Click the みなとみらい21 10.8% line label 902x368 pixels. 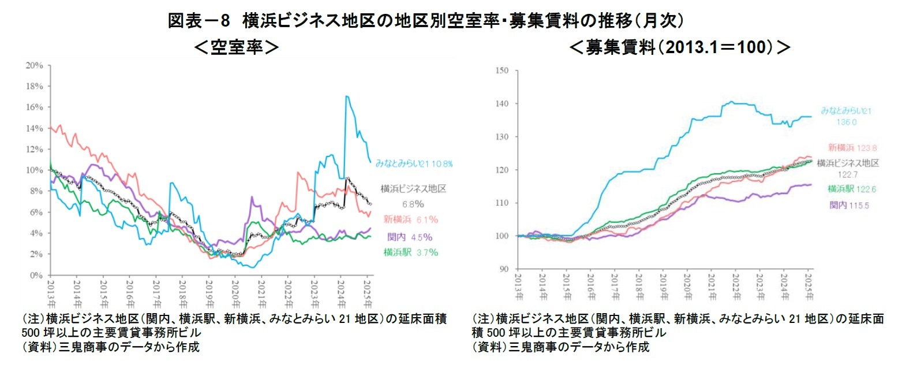point(414,163)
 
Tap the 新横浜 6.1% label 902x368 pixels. point(410,219)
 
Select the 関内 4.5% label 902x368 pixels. point(410,236)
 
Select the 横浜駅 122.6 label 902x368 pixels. point(848,188)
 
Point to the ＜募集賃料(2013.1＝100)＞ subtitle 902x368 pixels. point(680,47)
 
